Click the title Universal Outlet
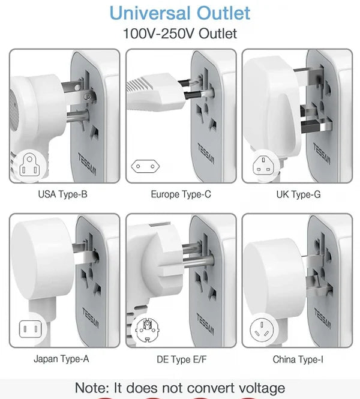180,13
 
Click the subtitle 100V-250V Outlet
180,34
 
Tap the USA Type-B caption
64,194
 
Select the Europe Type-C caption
181,194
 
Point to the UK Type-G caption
298,194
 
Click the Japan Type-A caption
62,359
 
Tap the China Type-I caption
298,359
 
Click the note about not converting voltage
180,388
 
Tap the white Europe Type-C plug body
153,94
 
